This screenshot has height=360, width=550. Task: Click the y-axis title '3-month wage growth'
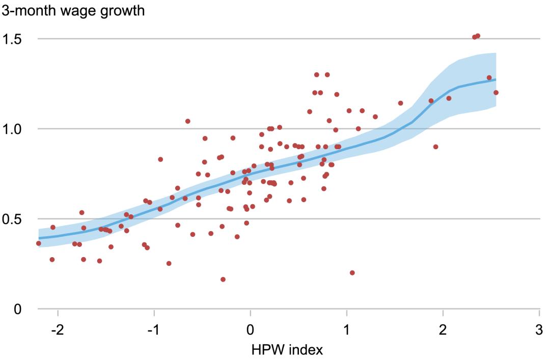[x=73, y=11]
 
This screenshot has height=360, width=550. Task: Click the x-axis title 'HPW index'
[x=287, y=349]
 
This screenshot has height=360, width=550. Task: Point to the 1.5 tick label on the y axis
[x=12, y=39]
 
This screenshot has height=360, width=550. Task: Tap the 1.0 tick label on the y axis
[x=12, y=129]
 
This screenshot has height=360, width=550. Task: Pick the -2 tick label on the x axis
[x=57, y=330]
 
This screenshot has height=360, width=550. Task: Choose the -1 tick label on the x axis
[x=154, y=330]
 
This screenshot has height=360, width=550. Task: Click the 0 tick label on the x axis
[x=250, y=330]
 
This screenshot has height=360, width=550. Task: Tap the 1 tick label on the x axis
[x=347, y=330]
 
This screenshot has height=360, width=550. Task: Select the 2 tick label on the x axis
[x=443, y=330]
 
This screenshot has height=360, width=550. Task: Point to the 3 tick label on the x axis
[x=539, y=330]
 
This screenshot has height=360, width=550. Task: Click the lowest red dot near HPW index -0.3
[x=223, y=280]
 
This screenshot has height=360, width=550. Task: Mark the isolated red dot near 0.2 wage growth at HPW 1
[x=352, y=272]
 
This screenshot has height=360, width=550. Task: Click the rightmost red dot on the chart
[x=496, y=93]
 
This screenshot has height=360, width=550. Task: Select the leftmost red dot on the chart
[x=39, y=243]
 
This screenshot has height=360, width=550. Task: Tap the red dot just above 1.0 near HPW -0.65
[x=187, y=121]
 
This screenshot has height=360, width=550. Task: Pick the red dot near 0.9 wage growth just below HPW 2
[x=435, y=147]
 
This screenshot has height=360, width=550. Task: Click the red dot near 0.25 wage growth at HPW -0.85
[x=169, y=263]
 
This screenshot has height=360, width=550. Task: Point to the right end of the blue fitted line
[x=496, y=79]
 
